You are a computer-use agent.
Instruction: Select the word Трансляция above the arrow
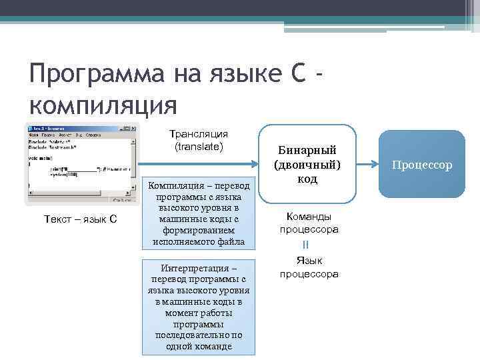(x=199, y=134)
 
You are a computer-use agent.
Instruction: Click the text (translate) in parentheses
(x=199, y=146)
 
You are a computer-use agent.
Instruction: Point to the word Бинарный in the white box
(x=307, y=150)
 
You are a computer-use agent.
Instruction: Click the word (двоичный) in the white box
(x=307, y=165)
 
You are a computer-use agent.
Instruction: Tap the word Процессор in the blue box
(x=422, y=164)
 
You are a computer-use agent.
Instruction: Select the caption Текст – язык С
(x=81, y=219)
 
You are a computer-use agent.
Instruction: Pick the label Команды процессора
(x=308, y=223)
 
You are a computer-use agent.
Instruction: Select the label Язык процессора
(x=309, y=267)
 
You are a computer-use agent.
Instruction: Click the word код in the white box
(x=307, y=179)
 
